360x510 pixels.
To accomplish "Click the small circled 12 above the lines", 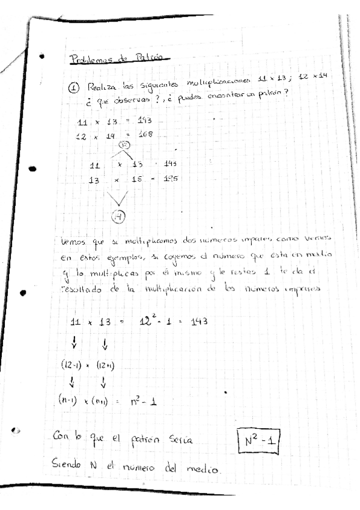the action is pos(125,145).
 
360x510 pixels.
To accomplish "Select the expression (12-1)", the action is pos(73,363).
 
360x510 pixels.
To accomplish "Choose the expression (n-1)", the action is pos(72,399).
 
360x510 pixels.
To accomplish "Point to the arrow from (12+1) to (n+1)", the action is pos(103,381).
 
